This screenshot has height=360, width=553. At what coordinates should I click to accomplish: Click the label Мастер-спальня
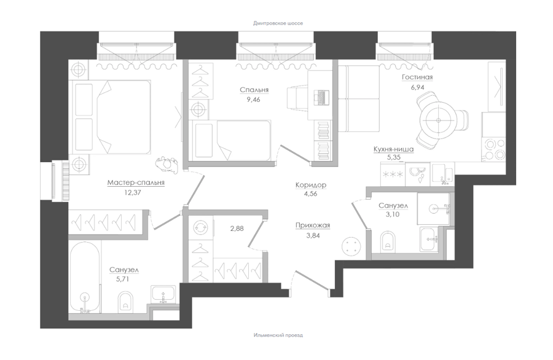pyautogui.click(x=136, y=182)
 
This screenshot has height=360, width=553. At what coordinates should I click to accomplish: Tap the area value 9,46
pyautogui.click(x=253, y=100)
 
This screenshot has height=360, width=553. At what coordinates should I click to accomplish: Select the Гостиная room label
pyautogui.click(x=417, y=77)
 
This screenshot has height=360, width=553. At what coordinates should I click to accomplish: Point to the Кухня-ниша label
pyautogui.click(x=394, y=149)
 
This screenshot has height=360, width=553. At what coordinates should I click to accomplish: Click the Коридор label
pyautogui.click(x=311, y=185)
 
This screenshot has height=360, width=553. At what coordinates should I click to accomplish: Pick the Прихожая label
pyautogui.click(x=313, y=225)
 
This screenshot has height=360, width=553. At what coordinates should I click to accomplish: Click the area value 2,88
pyautogui.click(x=237, y=229)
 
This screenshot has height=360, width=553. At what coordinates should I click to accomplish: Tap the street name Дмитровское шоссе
pyautogui.click(x=278, y=23)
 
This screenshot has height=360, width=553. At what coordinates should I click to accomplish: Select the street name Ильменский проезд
pyautogui.click(x=278, y=335)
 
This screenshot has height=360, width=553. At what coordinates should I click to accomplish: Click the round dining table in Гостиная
pyautogui.click(x=438, y=120)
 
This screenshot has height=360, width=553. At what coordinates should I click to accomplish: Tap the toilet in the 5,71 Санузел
pyautogui.click(x=125, y=301)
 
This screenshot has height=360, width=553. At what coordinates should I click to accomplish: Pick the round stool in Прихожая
pyautogui.click(x=351, y=245)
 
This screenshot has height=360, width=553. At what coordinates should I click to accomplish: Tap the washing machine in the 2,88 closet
pyautogui.click(x=201, y=229)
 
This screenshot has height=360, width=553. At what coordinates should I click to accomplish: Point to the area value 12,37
pyautogui.click(x=133, y=193)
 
